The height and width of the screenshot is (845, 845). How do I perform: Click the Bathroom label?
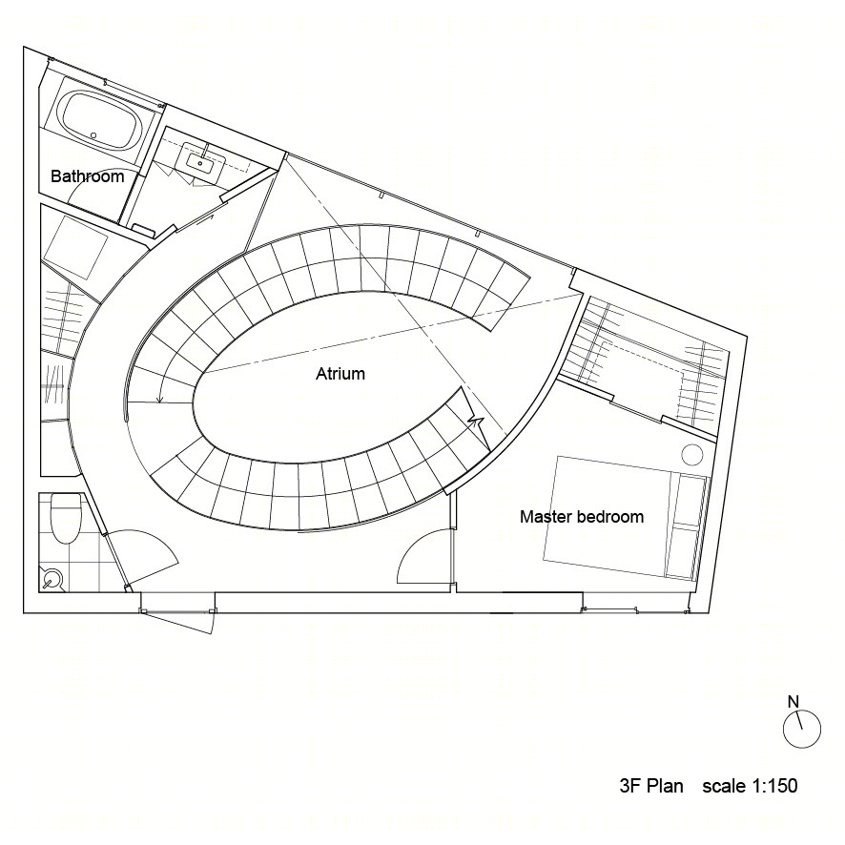click(x=88, y=176)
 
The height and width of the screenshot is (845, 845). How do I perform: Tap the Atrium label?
click(x=340, y=374)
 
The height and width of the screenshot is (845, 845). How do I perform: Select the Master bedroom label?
click(x=582, y=517)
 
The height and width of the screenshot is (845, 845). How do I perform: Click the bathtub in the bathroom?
click(x=101, y=123)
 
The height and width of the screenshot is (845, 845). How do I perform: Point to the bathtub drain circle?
click(x=93, y=134)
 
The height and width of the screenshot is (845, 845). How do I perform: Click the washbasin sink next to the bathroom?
click(x=201, y=161)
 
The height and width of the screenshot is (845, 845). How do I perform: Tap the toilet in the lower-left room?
click(x=65, y=520)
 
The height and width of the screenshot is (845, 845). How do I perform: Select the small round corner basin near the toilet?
click(x=52, y=581)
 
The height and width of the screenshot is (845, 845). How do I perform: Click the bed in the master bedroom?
click(x=625, y=518)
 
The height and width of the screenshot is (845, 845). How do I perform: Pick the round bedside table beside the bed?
click(x=692, y=454)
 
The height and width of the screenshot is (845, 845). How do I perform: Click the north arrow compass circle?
click(x=802, y=730)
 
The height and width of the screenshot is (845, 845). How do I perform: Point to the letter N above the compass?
click(x=793, y=702)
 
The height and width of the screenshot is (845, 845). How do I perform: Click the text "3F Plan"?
click(x=651, y=786)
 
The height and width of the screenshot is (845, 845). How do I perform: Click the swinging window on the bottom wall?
click(x=179, y=622)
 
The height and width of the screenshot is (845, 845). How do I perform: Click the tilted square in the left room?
click(x=76, y=247)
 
